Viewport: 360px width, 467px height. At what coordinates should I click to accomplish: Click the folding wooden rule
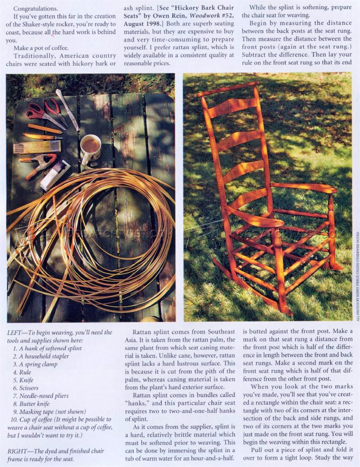37,147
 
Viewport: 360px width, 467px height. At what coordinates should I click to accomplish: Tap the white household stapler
55,175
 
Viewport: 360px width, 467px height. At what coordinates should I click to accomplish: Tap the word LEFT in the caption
16,333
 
